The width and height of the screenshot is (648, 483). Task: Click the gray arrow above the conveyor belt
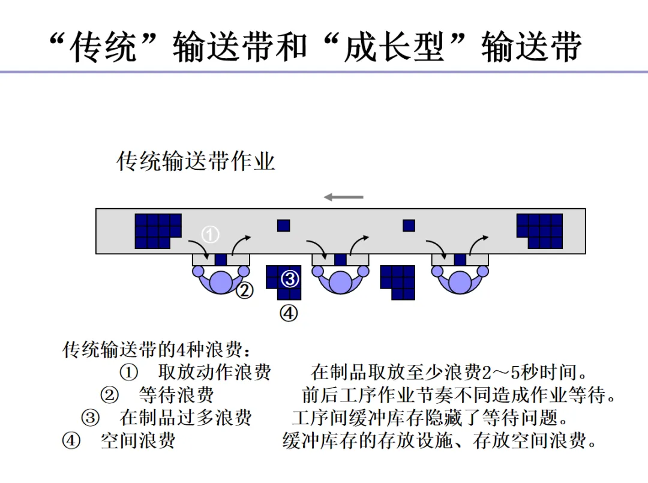[x=344, y=197]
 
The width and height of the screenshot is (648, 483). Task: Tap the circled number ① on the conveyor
[x=210, y=235]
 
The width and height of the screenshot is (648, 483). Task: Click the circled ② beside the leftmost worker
[x=244, y=291]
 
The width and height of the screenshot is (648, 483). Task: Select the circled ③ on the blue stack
[x=290, y=279]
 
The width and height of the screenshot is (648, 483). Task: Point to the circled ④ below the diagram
[x=289, y=313]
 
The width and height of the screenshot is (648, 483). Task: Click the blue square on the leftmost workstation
[x=221, y=260]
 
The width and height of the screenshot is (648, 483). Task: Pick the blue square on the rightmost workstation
[x=460, y=260]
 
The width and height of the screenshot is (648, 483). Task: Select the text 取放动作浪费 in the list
[x=215, y=372]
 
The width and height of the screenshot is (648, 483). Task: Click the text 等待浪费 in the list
[x=176, y=395]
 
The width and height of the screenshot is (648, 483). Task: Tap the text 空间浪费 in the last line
[x=138, y=441]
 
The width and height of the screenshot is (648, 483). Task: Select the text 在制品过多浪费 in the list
[x=186, y=418]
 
